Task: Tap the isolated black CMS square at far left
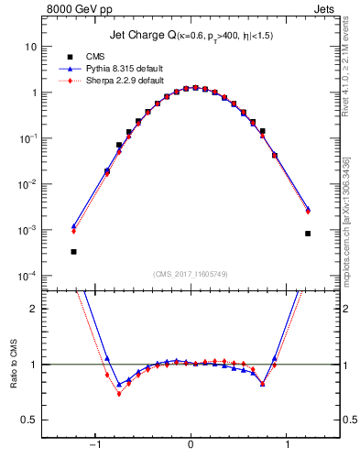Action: pyautogui.click(x=73, y=251)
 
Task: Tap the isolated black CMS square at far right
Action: pyautogui.click(x=308, y=234)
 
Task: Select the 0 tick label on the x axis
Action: pyautogui.click(x=190, y=444)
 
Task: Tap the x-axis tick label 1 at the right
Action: pyautogui.click(x=289, y=444)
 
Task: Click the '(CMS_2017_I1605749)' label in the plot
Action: pyautogui.click(x=191, y=275)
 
